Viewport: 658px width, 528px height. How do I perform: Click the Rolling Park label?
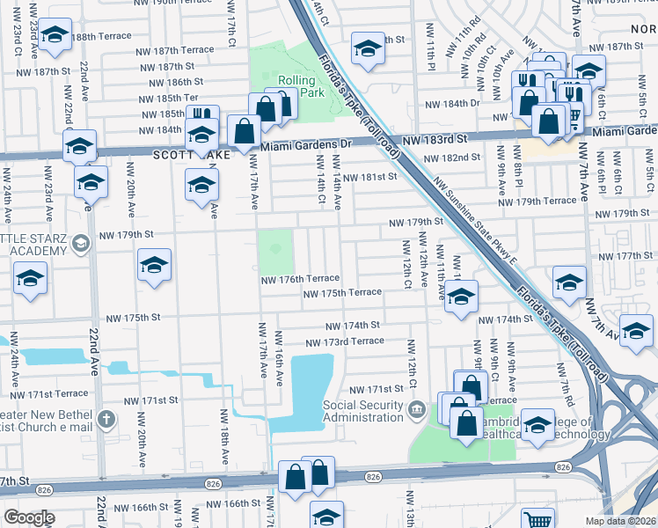[296, 85]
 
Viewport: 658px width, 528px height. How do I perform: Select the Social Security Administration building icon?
[417, 409]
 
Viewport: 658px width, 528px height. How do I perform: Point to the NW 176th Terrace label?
[299, 278]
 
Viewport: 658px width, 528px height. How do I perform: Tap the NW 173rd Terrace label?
[345, 341]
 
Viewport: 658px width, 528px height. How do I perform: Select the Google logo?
[29, 517]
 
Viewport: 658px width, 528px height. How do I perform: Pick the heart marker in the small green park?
[275, 250]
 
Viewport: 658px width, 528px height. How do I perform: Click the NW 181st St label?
[370, 177]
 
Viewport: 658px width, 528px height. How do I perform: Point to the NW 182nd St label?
[452, 158]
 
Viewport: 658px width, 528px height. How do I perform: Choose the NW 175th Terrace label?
[342, 292]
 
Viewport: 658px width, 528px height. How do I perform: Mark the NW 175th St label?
[133, 318]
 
